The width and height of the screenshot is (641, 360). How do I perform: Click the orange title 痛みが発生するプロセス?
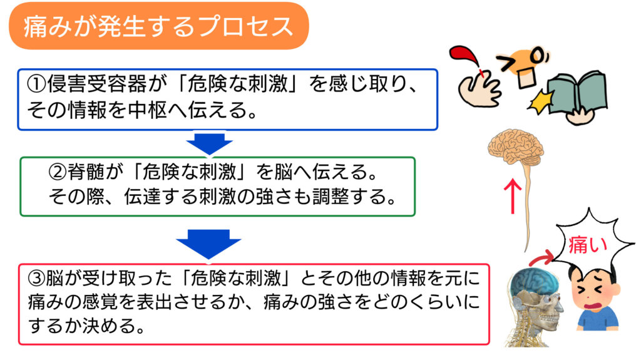pyautogui.click(x=158, y=27)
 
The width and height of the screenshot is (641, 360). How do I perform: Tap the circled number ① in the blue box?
pyautogui.click(x=37, y=84)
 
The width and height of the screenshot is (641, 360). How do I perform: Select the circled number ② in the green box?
pyautogui.click(x=58, y=172)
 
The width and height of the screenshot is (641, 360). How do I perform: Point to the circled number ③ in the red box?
pyautogui.click(x=36, y=278)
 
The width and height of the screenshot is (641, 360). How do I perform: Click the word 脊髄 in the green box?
pyautogui.click(x=86, y=172)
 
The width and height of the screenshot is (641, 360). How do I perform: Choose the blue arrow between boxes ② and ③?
pyautogui.click(x=208, y=244)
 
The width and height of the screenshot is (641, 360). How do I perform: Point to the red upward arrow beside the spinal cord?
pyautogui.click(x=512, y=196)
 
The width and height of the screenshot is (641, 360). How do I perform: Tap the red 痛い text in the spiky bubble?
pyautogui.click(x=587, y=245)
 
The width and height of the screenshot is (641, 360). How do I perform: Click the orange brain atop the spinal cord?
pyautogui.click(x=516, y=147)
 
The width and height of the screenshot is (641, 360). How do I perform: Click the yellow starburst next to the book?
pyautogui.click(x=540, y=101)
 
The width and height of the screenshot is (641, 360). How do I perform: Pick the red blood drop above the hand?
pyautogui.click(x=465, y=57)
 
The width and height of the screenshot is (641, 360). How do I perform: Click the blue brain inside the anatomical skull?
pyautogui.click(x=533, y=283)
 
